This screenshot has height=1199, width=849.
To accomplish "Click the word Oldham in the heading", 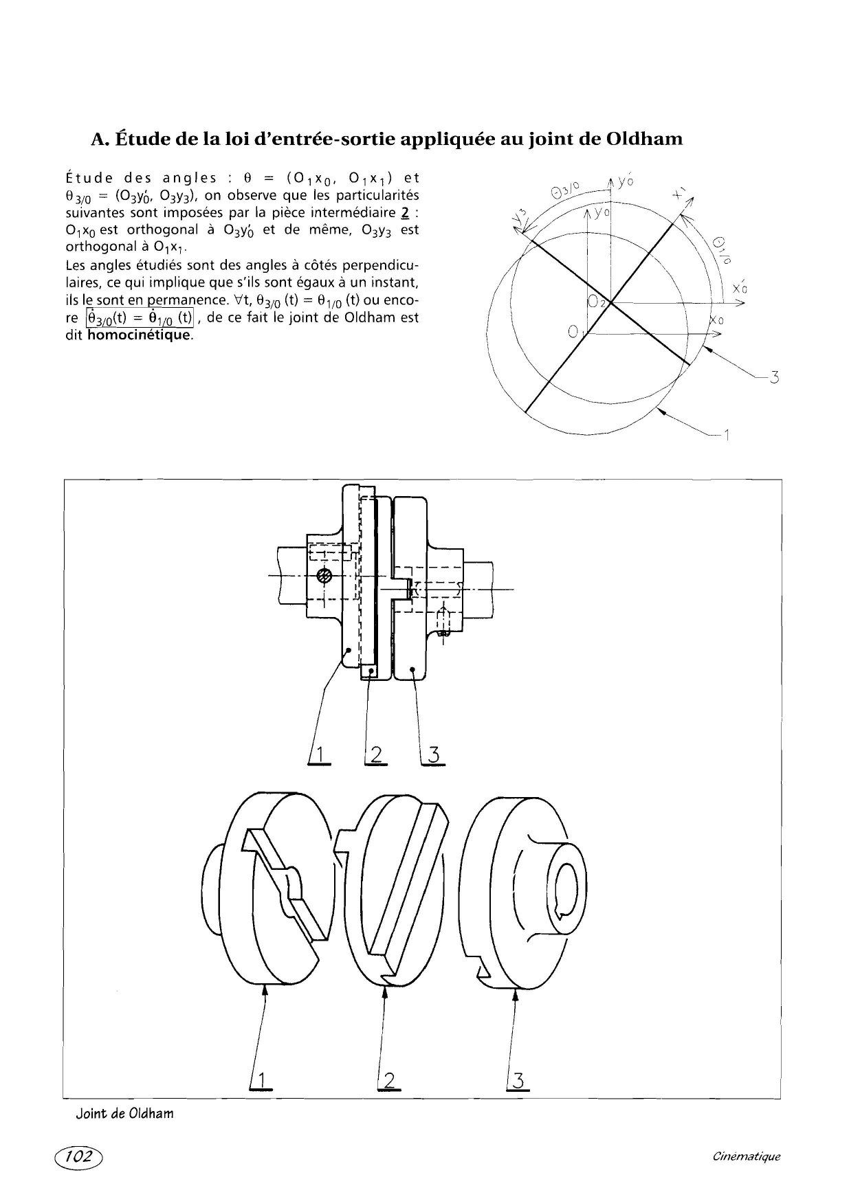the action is pyautogui.click(x=645, y=139).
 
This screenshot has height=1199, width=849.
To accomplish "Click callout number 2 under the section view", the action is pyautogui.click(x=376, y=754).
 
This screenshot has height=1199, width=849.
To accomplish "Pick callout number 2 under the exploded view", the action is pyautogui.click(x=389, y=1081).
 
